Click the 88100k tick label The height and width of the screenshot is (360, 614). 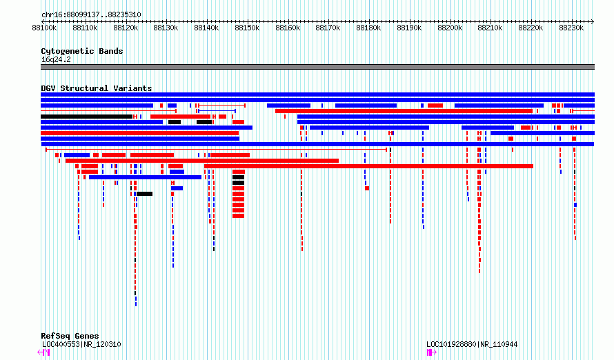[44, 28]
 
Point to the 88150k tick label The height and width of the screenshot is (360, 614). [247, 28]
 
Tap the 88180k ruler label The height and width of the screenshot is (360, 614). [368, 28]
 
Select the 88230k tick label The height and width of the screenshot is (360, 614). [571, 28]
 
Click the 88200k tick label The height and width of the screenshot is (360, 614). [450, 28]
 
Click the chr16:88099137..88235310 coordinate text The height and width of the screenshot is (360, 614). [91, 15]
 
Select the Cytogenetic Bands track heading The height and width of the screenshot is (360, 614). [82, 51]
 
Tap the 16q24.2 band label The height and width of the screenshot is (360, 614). [56, 59]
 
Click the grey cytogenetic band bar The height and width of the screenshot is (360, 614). [317, 67]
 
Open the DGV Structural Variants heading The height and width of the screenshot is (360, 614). [97, 88]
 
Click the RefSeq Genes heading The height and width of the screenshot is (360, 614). [70, 336]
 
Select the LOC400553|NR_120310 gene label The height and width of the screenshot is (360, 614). [81, 344]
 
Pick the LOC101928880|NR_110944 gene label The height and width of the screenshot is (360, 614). [472, 344]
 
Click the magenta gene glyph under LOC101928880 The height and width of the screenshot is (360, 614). [431, 352]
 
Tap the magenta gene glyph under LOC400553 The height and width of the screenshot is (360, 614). [43, 352]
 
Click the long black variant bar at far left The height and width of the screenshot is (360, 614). [86, 117]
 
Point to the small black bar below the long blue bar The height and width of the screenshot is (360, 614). [144, 194]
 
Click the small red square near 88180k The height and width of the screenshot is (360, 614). [367, 188]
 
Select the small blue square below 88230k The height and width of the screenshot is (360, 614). [575, 205]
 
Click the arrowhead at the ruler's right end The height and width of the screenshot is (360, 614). [593, 21]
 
